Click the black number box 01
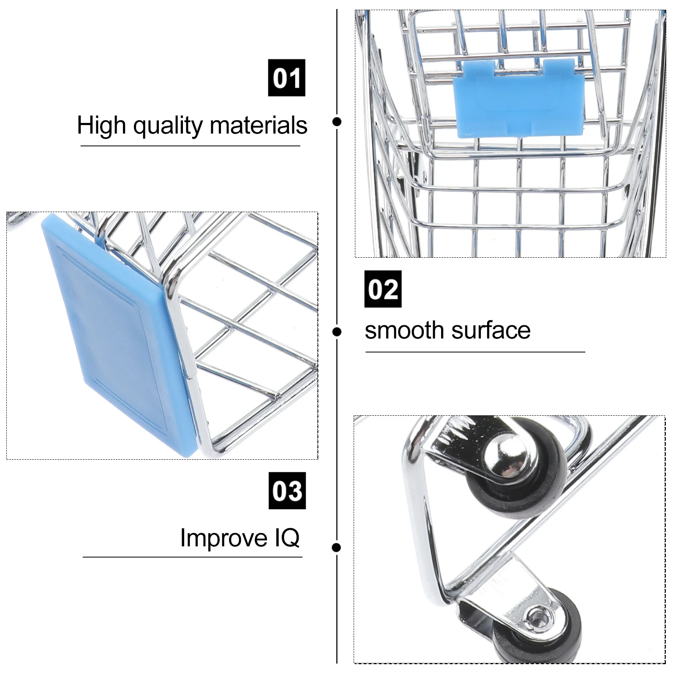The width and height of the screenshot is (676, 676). [x=286, y=78]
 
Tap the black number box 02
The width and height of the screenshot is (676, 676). [x=383, y=289]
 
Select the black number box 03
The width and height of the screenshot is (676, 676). [x=287, y=491]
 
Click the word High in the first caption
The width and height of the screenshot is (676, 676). [x=101, y=125]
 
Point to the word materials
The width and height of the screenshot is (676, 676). [x=258, y=125]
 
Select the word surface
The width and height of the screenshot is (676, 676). [x=491, y=330]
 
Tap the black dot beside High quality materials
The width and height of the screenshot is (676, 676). [x=337, y=122]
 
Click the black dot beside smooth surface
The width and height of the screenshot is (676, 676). [x=337, y=332]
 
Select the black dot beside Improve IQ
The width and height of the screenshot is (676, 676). [x=337, y=548]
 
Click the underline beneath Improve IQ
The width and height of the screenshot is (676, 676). [x=192, y=557]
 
